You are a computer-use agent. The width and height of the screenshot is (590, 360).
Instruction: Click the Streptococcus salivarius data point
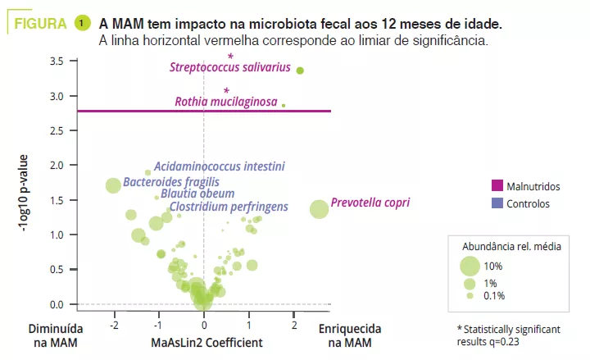(x=300, y=71)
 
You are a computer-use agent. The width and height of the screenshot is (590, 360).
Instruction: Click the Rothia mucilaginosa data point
(x=284, y=105)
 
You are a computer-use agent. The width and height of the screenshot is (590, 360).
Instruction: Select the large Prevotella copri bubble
(x=320, y=209)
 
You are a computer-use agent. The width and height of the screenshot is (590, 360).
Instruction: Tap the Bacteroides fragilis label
(x=171, y=182)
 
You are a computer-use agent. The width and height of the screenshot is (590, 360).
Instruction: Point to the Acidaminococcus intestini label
(x=220, y=166)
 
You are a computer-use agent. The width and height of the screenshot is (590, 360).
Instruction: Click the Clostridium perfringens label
(x=229, y=207)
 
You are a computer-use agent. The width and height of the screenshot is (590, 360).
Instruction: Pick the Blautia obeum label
(x=197, y=194)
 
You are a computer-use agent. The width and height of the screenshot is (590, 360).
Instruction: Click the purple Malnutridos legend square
(x=497, y=186)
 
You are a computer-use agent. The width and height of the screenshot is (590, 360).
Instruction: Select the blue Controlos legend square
(x=497, y=204)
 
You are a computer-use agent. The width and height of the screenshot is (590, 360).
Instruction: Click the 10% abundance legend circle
(x=470, y=266)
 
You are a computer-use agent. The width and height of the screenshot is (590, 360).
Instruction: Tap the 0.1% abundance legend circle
(x=470, y=295)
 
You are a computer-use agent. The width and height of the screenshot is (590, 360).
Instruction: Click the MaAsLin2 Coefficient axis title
(x=207, y=342)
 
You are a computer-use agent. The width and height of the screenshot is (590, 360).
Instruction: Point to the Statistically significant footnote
(x=508, y=335)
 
